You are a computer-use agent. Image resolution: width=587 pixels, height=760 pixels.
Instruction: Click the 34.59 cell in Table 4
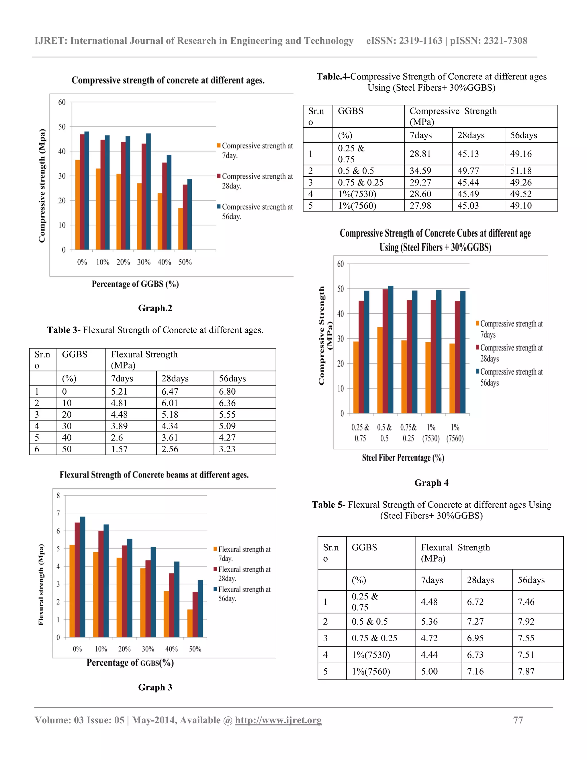[x=420, y=171]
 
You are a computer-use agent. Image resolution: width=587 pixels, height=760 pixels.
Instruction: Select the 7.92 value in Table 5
[x=526, y=621]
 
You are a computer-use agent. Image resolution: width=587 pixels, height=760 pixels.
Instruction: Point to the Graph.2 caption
[x=155, y=308]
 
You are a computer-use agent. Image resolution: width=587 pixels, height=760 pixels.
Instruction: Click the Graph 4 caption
[x=431, y=483]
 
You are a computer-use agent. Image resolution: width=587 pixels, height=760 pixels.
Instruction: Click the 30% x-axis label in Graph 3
[x=148, y=649]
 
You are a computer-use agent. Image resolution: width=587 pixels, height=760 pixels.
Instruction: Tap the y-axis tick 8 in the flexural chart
[x=58, y=496]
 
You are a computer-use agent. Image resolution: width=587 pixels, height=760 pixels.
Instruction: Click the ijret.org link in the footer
[x=278, y=720]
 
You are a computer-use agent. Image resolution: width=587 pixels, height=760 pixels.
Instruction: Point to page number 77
[x=518, y=720]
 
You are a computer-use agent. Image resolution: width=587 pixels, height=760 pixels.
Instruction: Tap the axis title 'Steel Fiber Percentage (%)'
[x=403, y=458]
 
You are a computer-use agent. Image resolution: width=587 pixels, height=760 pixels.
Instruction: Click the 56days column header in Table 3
[x=232, y=378]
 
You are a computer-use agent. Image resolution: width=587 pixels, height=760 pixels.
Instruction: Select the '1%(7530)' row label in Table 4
[x=357, y=194]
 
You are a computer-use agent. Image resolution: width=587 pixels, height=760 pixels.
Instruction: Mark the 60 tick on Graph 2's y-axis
[x=62, y=102]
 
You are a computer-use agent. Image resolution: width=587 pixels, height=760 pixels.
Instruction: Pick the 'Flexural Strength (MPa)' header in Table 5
[x=455, y=553]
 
